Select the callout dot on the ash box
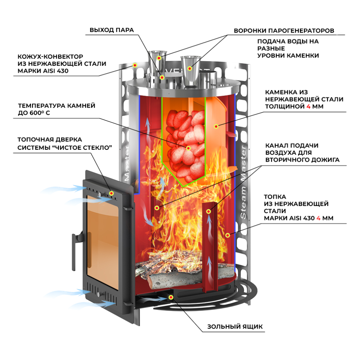click(171, 297)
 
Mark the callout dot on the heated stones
click(188, 148)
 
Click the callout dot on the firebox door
click(112, 193)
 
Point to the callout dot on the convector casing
click(135, 65)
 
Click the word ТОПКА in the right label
click(275, 197)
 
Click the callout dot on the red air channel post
click(209, 212)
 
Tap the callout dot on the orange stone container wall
click(216, 126)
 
